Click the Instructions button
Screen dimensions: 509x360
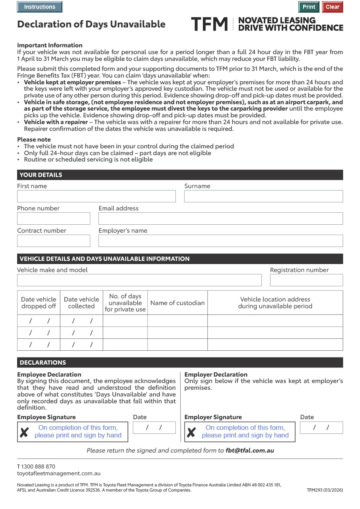40,7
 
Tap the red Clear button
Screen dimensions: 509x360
332,7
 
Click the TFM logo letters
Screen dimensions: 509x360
209,24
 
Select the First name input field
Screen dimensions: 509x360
96,196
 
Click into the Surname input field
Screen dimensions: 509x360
263,196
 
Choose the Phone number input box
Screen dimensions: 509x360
54,218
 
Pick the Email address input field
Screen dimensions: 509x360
220,218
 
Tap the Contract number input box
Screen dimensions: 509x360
54,241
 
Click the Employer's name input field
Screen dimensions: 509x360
220,241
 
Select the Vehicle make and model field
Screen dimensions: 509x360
139,280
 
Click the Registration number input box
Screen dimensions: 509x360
306,280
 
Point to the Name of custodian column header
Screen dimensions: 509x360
177,303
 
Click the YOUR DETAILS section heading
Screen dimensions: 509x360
41,175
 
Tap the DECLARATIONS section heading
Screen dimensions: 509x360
43,363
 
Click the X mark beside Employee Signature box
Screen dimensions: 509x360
24,432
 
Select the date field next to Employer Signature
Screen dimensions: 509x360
321,427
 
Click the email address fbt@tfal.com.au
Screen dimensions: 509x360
250,451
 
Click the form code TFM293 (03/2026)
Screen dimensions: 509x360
325,490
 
